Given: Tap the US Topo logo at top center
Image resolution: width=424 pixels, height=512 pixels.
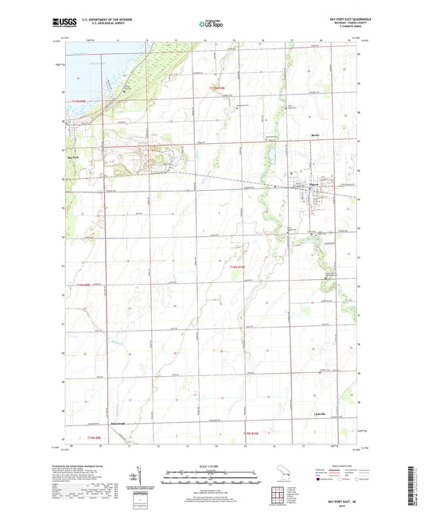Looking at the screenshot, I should point(210,25).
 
